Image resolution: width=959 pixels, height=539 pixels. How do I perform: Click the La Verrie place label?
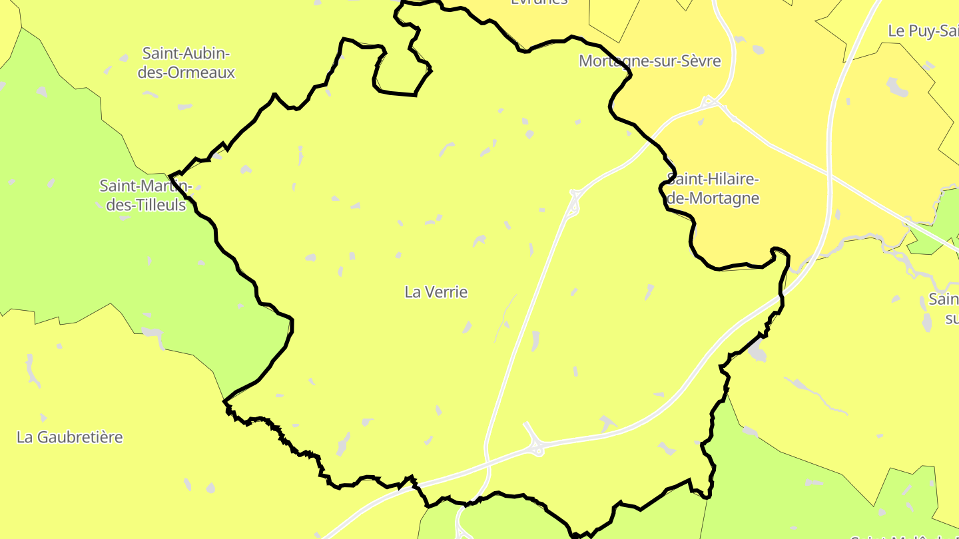point(436,292)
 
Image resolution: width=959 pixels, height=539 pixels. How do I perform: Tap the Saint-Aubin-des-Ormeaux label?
point(186,63)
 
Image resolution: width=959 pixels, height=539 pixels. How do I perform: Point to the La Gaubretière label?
point(70,437)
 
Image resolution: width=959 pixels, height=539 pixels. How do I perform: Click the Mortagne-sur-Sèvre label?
point(649,61)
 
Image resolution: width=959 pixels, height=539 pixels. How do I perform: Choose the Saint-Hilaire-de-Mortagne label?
point(713,189)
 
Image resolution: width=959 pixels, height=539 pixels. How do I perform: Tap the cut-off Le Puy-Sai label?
point(923,31)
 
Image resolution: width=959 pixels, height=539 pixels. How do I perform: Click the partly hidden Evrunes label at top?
point(539,2)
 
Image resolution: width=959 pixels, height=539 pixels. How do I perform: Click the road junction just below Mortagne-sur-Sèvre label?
point(711,102)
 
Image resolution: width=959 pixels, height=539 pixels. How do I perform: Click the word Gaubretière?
point(81,437)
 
